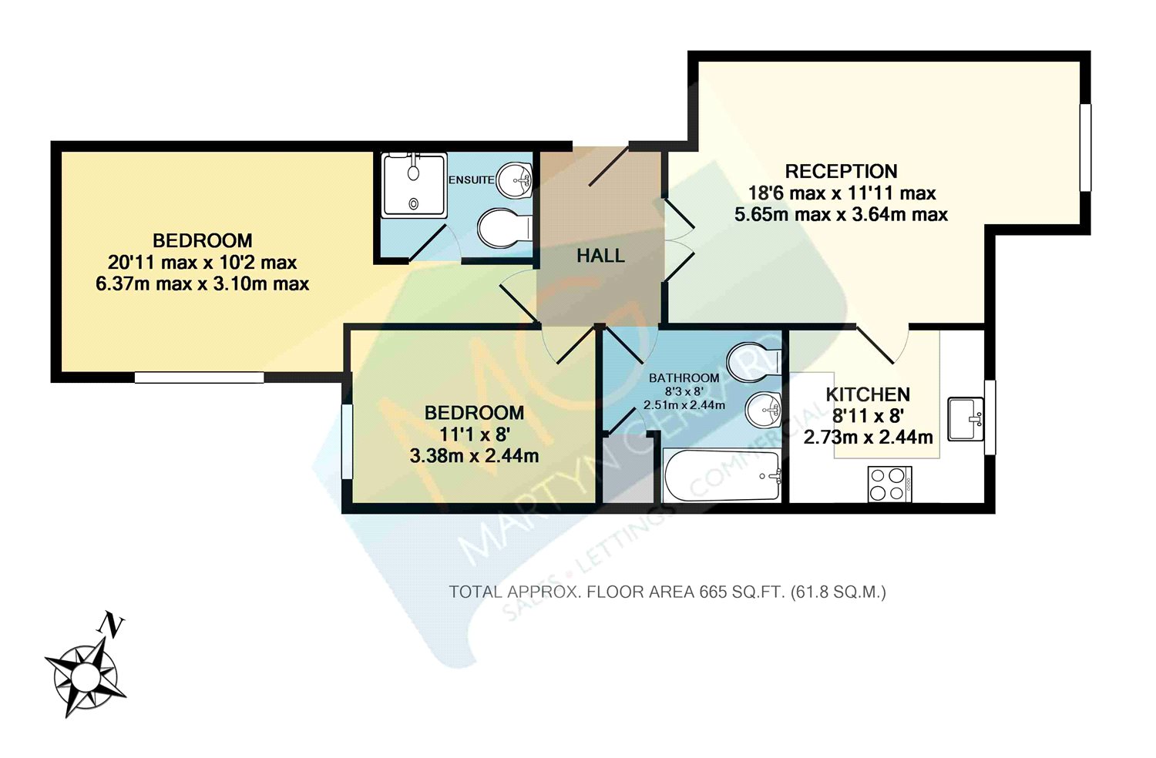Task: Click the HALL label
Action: [600, 256]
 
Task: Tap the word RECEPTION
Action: [841, 171]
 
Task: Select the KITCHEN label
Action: [868, 394]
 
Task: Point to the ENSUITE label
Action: [471, 179]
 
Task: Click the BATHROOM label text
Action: [684, 377]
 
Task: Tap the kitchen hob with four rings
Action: [889, 484]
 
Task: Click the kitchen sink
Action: [965, 418]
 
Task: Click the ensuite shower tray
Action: [414, 185]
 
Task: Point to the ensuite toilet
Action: [502, 228]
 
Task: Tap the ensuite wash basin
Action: [514, 181]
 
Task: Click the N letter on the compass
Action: [113, 624]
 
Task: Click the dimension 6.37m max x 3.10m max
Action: [202, 283]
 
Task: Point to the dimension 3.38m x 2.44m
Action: [474, 455]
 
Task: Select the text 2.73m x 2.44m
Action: [868, 438]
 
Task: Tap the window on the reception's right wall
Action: [1085, 146]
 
